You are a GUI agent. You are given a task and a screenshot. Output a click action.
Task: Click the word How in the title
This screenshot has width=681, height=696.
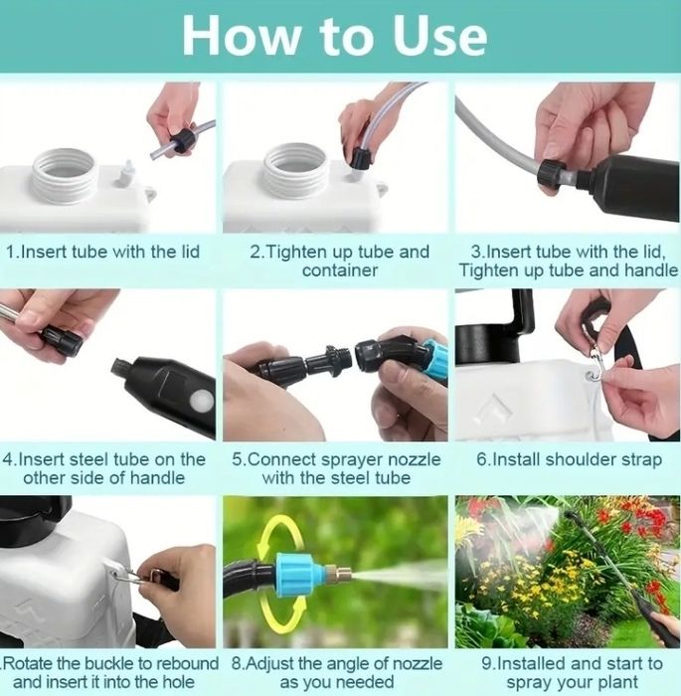[241, 36]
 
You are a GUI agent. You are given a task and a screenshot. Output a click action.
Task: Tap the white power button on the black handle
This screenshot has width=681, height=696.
[201, 402]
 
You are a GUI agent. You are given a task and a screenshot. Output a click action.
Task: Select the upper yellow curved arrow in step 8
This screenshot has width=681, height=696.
[281, 536]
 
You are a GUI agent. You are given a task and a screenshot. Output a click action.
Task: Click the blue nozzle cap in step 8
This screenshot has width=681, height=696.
[295, 574]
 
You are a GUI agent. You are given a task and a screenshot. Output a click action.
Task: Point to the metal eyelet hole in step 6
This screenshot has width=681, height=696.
[591, 377]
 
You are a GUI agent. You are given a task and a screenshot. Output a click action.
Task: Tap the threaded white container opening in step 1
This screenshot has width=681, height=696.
[64, 175]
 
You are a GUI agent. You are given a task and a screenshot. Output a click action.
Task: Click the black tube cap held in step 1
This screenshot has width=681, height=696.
[184, 140]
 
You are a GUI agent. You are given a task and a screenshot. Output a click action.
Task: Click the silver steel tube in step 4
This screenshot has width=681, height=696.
[10, 316]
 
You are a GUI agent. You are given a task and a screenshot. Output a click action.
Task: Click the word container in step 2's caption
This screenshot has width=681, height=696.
[340, 270]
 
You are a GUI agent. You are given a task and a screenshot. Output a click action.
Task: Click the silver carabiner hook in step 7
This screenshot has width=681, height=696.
[127, 577]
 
